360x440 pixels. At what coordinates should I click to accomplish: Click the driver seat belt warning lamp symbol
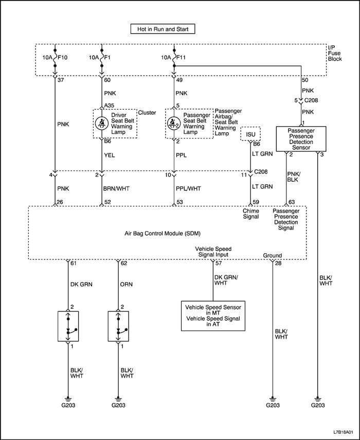[x=102, y=124]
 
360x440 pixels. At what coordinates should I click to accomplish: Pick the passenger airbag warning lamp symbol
[x=175, y=124]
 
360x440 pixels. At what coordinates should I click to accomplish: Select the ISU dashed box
[x=250, y=134]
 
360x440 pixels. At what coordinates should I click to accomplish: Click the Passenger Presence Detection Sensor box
[x=301, y=139]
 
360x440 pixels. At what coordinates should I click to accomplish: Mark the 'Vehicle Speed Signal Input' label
[x=211, y=252]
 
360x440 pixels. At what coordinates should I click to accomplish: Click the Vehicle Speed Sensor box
[x=213, y=314]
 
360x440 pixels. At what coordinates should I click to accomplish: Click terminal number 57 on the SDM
[x=219, y=263]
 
